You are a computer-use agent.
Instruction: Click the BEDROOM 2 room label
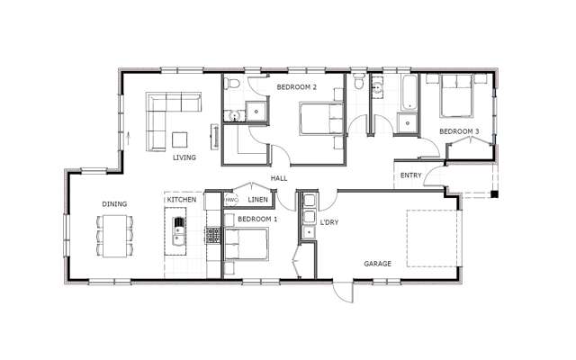coord(297,87)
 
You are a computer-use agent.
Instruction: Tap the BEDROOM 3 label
coord(459,132)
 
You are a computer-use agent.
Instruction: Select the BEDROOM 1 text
coord(257,219)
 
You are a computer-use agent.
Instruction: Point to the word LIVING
coord(184,157)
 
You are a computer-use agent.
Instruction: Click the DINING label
coord(114,204)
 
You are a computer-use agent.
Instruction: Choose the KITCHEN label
coord(181,199)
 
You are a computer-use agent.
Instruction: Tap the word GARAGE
coord(377,265)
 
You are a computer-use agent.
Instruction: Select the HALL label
coord(279,179)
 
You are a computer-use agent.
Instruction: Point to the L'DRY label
coord(329,220)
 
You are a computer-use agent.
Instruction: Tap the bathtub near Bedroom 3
coord(407,95)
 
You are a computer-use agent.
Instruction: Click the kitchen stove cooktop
coord(213,236)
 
